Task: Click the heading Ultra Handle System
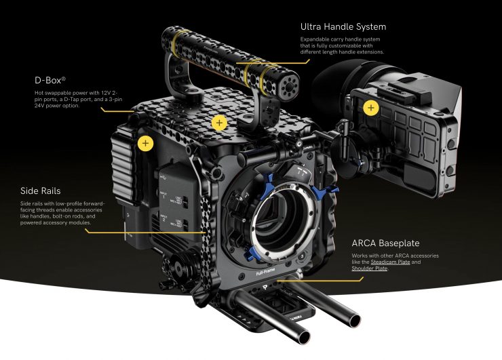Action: pos(343,27)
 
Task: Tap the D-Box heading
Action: pos(50,80)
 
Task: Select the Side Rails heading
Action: pos(40,191)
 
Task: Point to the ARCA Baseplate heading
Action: pos(385,243)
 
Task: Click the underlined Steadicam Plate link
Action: pos(390,262)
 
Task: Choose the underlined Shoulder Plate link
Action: pos(370,268)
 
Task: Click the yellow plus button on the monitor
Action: pos(371,108)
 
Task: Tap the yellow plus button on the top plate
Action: pos(219,123)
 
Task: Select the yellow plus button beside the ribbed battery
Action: pos(145,143)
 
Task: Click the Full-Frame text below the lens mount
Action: pos(265,272)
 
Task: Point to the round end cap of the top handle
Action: pos(289,86)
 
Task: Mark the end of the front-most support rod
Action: pos(303,337)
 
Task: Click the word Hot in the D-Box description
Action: pos(39,93)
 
